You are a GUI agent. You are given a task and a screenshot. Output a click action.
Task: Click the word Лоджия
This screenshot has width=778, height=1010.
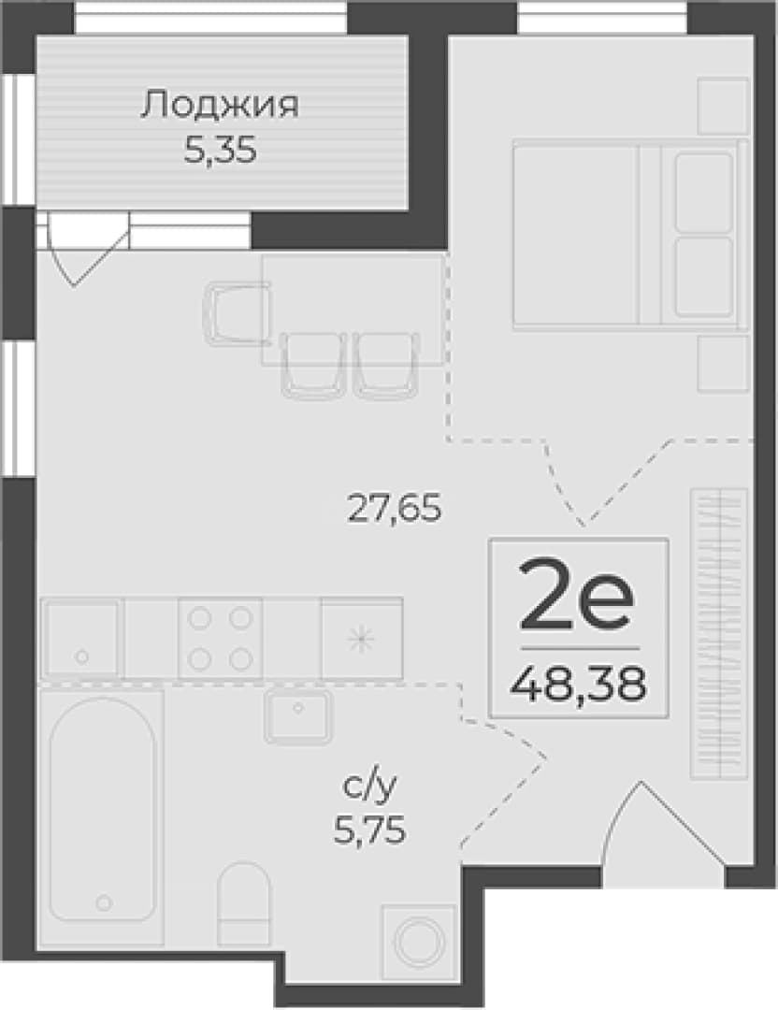point(220,106)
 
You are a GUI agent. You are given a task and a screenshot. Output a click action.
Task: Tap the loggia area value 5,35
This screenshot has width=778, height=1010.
point(221,151)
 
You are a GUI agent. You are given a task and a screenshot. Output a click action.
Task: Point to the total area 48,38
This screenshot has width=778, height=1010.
point(578,684)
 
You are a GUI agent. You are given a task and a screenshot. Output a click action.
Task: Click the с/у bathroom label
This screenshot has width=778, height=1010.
point(369,786)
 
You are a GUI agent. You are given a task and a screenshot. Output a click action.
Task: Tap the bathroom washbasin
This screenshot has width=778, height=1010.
point(297,716)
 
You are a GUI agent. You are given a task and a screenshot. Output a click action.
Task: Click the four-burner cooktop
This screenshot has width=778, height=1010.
point(221,638)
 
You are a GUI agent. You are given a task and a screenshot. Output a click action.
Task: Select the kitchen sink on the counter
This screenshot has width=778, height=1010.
point(81,638)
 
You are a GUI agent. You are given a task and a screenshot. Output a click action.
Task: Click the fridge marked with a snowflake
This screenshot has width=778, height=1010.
point(361,638)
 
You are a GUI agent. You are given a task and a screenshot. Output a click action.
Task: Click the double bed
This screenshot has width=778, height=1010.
point(631,235)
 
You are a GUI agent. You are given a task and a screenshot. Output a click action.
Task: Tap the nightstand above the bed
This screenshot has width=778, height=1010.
point(723,107)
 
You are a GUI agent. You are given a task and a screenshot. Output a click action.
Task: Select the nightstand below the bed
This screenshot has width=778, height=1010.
point(723,363)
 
